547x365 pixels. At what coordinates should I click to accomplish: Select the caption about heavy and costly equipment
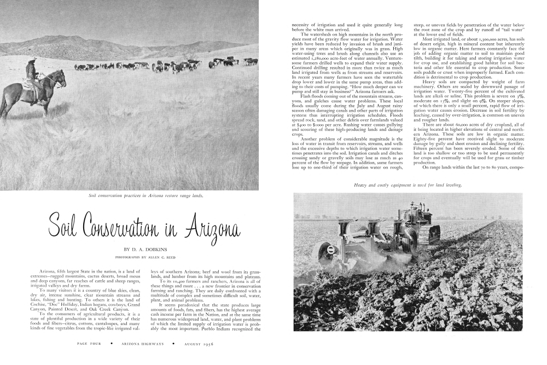tap(408, 186)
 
